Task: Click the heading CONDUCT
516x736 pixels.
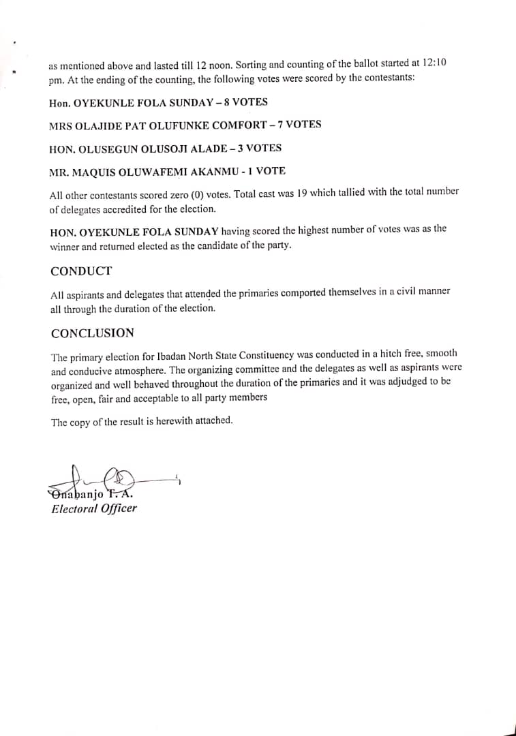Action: (x=81, y=271)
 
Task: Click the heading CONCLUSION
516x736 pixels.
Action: (x=92, y=333)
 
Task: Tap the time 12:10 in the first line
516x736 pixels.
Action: (x=435, y=63)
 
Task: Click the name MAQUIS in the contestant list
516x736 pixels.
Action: (x=100, y=172)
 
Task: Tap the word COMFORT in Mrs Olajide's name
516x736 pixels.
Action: (x=241, y=125)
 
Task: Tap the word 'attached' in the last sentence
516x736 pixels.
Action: (x=213, y=420)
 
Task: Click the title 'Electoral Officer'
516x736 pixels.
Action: (x=94, y=508)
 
